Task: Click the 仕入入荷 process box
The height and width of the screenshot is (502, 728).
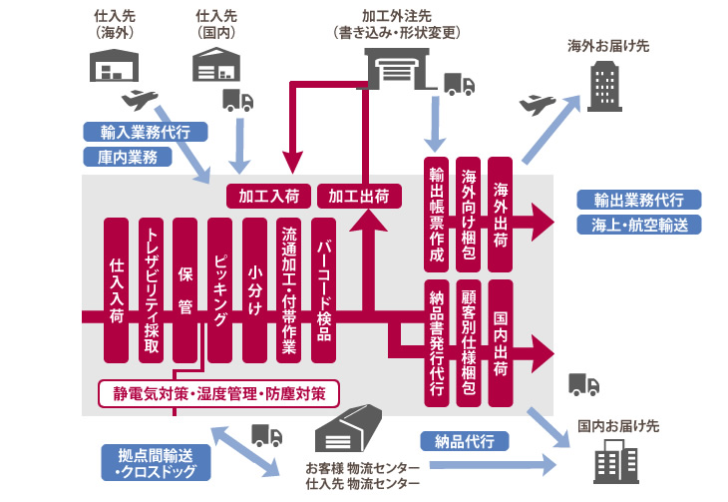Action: click(117, 289)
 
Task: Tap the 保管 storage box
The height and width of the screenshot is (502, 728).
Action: click(185, 289)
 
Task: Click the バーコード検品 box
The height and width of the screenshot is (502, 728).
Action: click(324, 289)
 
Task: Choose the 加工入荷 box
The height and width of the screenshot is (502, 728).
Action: click(269, 196)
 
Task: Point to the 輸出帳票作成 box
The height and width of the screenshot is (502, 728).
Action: click(436, 214)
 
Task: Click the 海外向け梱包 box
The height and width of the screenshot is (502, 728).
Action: click(469, 214)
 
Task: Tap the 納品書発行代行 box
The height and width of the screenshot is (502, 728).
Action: click(436, 342)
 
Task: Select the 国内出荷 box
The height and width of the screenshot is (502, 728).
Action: click(502, 342)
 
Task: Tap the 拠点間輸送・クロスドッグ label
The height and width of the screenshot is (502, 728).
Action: click(151, 463)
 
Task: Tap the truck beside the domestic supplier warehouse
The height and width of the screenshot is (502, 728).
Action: click(237, 100)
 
